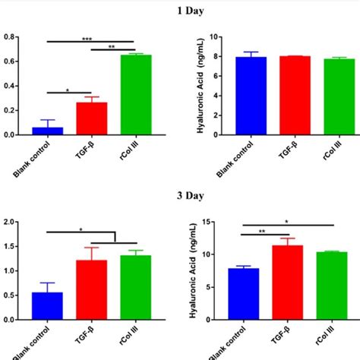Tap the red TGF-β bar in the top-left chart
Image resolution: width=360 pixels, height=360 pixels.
click(91, 118)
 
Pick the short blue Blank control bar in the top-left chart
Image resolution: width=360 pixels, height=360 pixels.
click(47, 131)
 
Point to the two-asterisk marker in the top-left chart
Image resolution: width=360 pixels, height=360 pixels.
click(112, 47)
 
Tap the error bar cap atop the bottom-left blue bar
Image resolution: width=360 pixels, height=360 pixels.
click(47, 283)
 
